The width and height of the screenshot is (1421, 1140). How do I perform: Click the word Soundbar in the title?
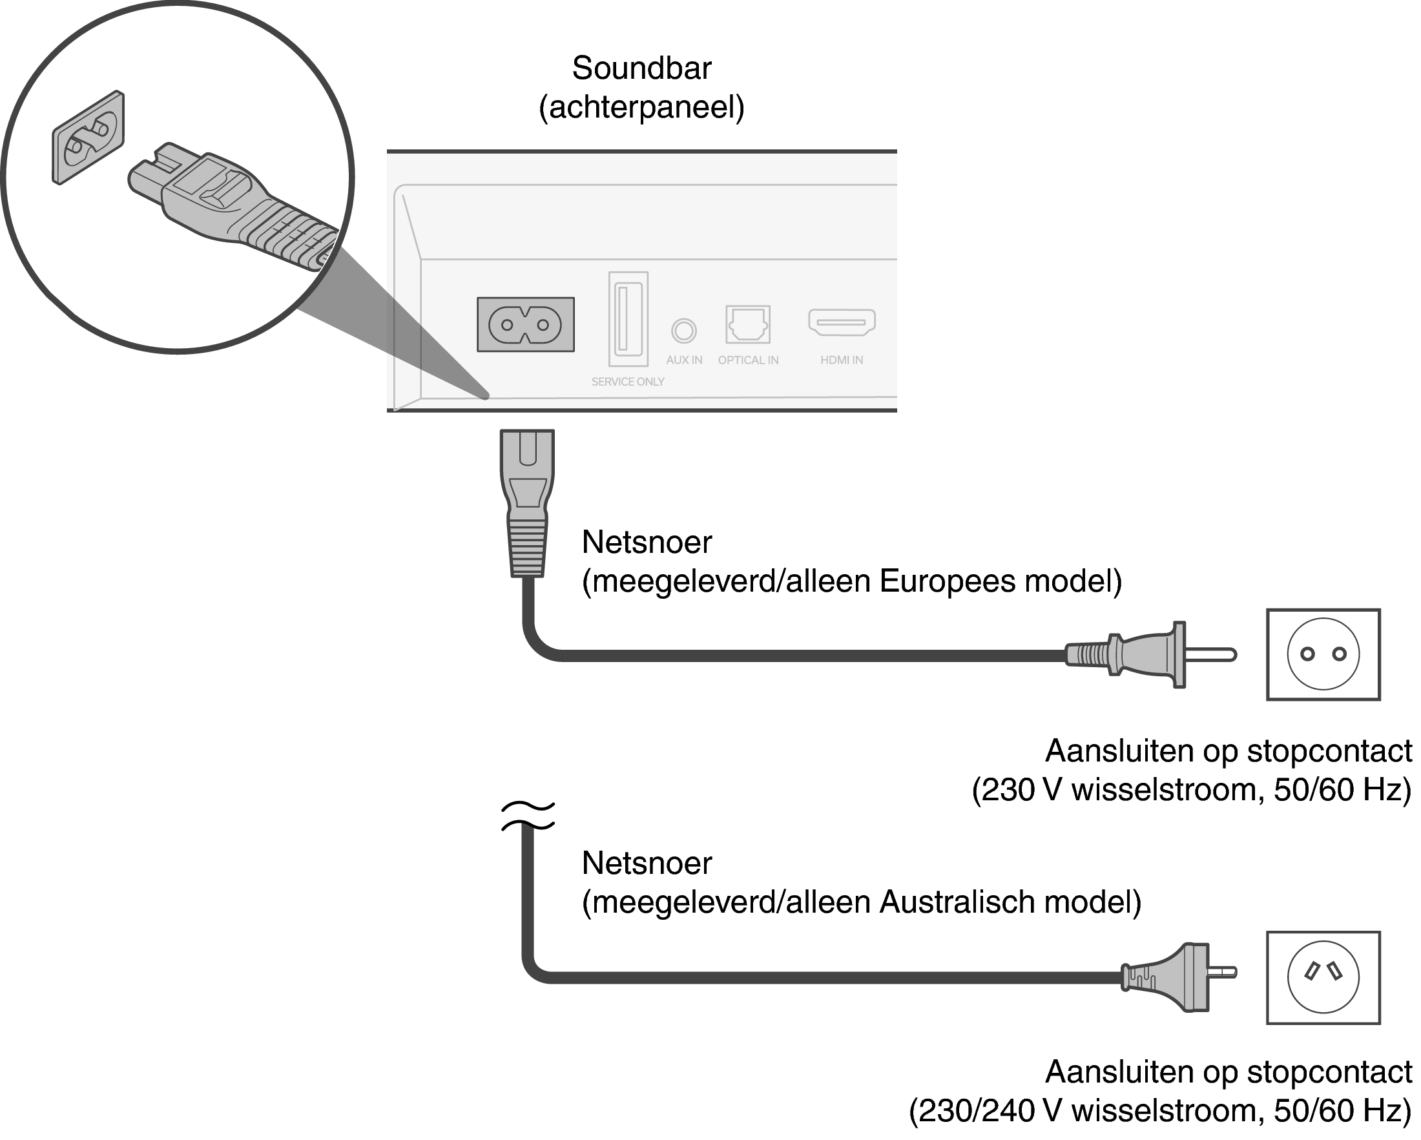pos(641,68)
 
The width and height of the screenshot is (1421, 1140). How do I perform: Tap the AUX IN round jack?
pos(683,330)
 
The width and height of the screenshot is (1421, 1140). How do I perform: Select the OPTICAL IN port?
pos(747,324)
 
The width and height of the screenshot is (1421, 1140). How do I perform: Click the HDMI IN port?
pos(842,322)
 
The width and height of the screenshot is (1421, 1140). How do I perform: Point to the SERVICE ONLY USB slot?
pos(628,319)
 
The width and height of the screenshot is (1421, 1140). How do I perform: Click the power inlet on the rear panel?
pos(525,324)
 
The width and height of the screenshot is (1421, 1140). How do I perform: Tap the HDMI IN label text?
pos(842,360)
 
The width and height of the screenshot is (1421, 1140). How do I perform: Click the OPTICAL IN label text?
pos(748,360)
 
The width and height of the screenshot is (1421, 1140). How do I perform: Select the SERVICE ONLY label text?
pos(627,382)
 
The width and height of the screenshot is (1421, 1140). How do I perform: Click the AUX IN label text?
pos(684,360)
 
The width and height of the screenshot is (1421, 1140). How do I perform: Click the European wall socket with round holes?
pos(1323,654)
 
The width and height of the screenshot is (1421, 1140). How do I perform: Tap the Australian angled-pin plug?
pos(1176,977)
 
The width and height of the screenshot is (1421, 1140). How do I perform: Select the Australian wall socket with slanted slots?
pos(1323,977)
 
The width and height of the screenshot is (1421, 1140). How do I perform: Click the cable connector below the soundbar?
pos(526,502)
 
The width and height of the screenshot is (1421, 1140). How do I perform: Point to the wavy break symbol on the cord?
pos(527,816)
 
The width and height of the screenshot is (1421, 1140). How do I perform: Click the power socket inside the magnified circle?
pos(88,137)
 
